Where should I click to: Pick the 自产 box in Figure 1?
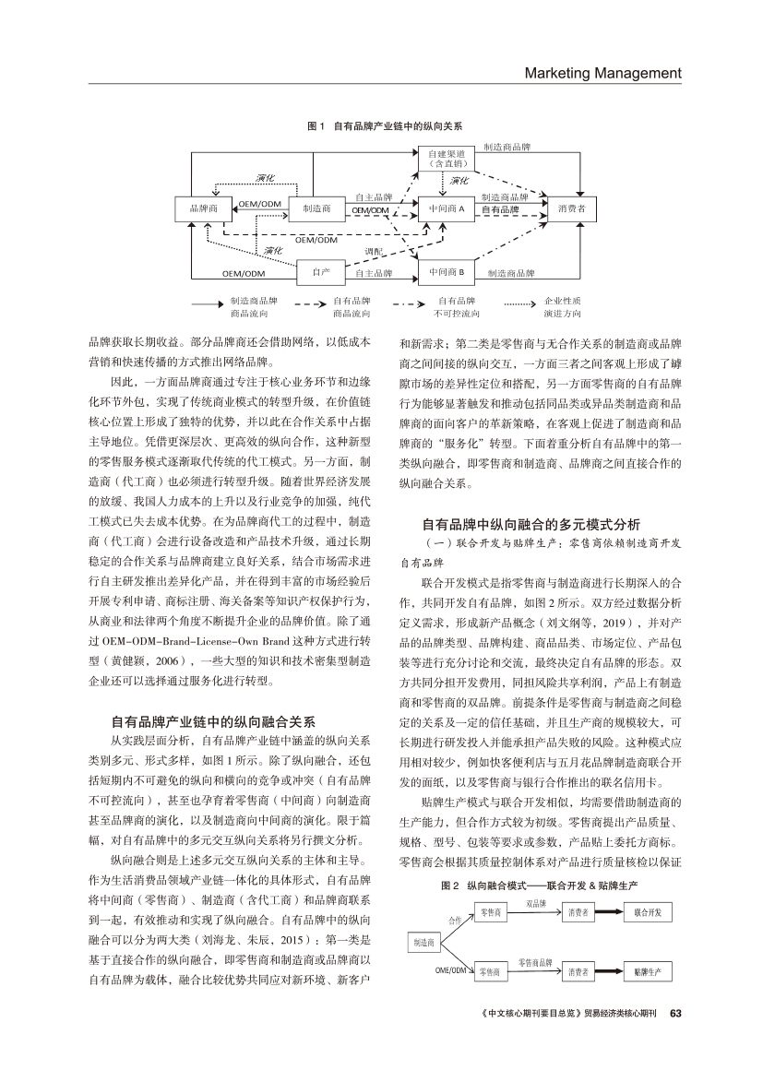321,272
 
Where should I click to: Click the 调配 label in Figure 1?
374,251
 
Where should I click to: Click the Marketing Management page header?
602,73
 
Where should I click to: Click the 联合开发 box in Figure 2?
648,912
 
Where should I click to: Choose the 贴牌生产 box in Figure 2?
648,971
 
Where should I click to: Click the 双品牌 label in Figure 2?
536,903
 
